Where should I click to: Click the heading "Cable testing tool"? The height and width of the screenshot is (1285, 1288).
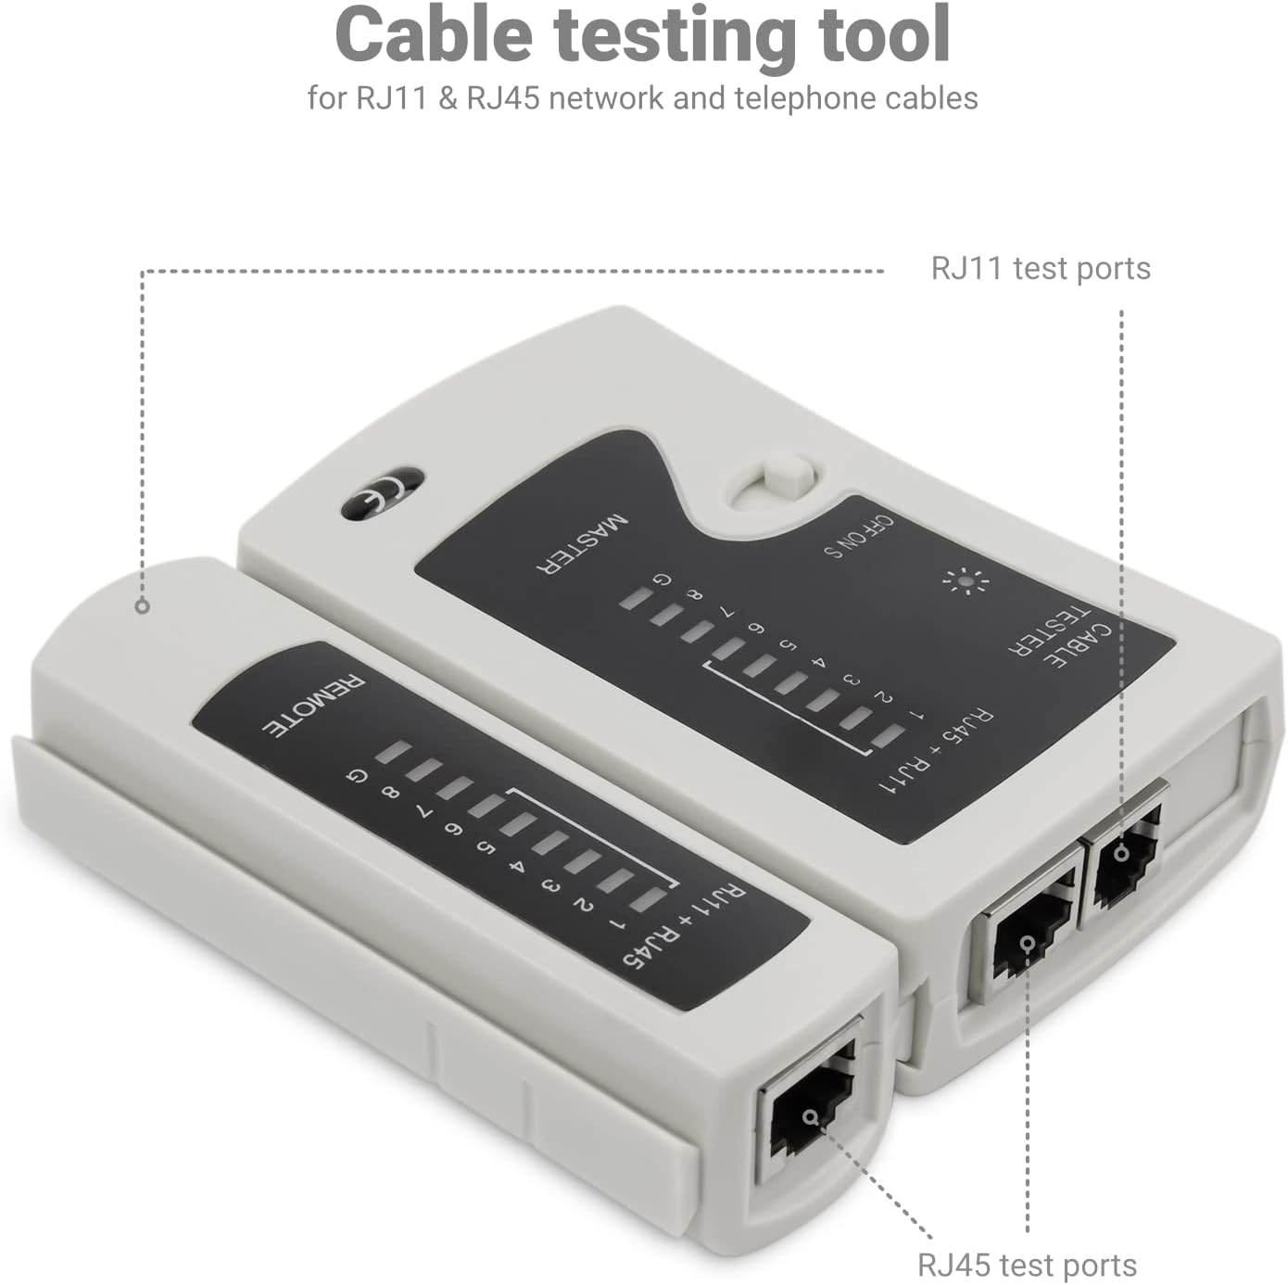pos(642,35)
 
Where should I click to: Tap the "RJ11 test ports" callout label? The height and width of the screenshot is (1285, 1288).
pos(1041,269)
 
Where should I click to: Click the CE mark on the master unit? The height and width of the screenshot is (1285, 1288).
pos(381,493)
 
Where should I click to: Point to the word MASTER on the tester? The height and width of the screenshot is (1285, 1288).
pos(582,545)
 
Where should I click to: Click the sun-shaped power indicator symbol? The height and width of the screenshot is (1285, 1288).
pos(966,580)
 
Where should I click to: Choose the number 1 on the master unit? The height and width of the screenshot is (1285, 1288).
pos(916,717)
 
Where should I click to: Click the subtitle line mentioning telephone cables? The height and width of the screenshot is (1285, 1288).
pos(642,98)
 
